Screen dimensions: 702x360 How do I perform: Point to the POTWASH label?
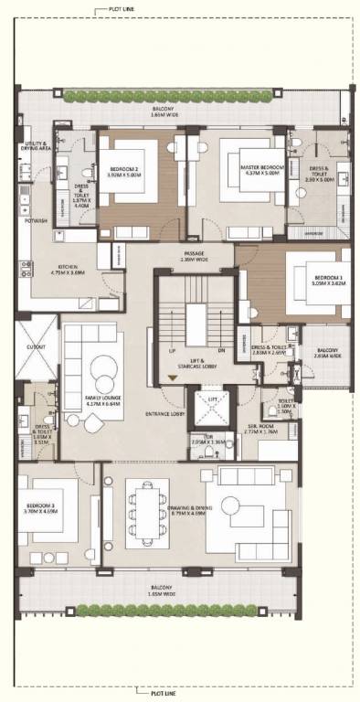click(x=37, y=220)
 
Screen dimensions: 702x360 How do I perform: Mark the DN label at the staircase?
click(x=220, y=350)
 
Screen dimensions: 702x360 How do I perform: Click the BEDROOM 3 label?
click(x=42, y=508)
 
